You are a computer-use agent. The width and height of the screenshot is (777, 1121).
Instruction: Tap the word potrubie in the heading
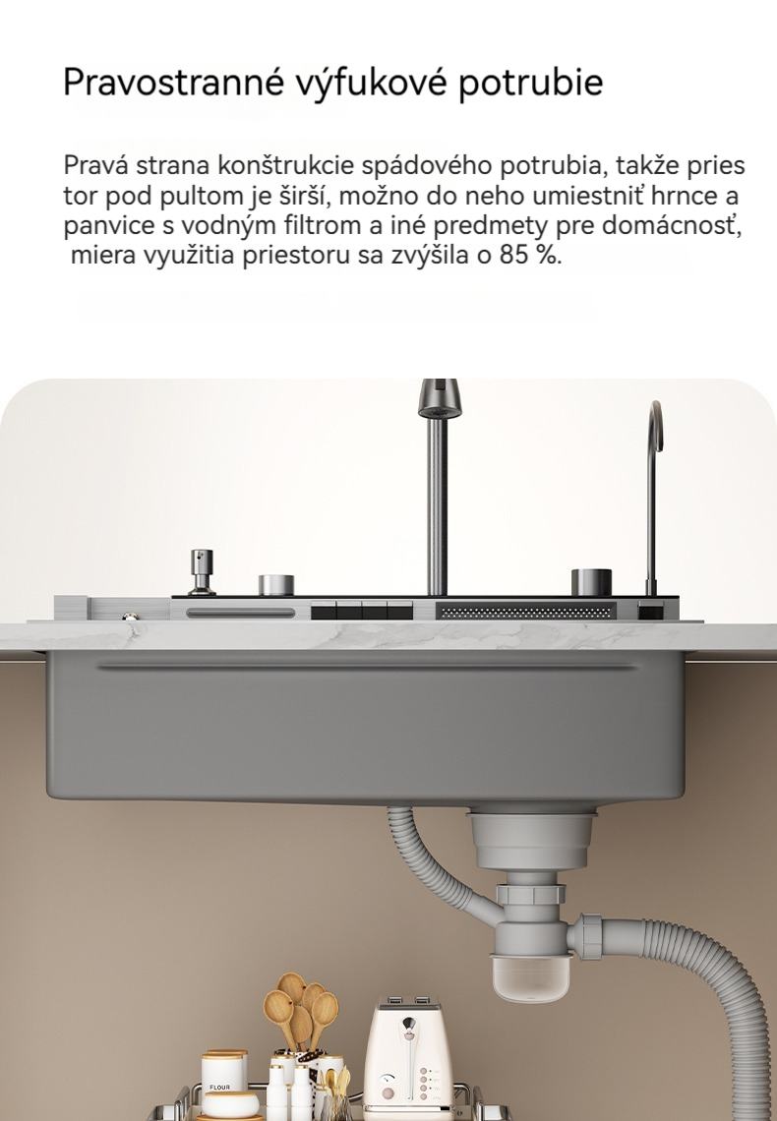tap(530, 83)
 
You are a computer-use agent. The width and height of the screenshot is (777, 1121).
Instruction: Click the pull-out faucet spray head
tap(438, 398)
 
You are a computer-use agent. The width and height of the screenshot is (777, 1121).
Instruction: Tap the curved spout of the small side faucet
tap(655, 428)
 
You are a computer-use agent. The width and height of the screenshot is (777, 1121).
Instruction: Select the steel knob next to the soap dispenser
tap(276, 585)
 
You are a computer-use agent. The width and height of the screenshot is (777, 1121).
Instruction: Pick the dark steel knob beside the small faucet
tap(591, 582)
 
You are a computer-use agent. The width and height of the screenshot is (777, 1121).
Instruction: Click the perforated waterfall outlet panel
tap(525, 612)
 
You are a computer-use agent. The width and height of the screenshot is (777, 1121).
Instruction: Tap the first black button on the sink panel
tap(324, 612)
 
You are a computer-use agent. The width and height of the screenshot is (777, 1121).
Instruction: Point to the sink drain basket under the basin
tap(530, 840)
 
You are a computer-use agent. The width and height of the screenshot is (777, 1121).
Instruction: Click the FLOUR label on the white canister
tap(219, 1087)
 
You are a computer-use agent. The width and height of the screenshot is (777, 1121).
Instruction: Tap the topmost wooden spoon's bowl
tap(292, 987)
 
